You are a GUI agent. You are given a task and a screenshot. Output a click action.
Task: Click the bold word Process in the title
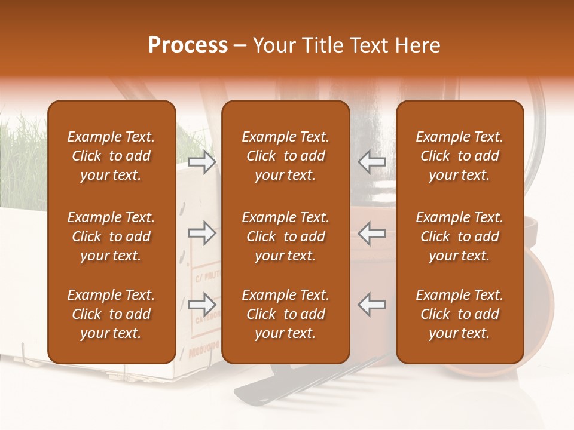(188, 45)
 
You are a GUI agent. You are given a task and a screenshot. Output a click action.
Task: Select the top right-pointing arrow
(201, 161)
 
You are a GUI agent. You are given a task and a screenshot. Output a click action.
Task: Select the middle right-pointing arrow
(201, 232)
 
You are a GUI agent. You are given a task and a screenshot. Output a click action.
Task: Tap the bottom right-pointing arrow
(201, 304)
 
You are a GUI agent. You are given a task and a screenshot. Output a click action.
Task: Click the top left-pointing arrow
(372, 161)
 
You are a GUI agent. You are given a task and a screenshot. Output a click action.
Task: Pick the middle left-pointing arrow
(372, 232)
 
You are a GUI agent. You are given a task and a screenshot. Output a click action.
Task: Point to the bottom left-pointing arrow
(372, 304)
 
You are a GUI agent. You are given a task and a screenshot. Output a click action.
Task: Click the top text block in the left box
(111, 156)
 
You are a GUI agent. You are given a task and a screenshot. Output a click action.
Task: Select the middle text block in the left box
(111, 236)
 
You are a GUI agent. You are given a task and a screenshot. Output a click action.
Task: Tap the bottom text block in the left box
(111, 314)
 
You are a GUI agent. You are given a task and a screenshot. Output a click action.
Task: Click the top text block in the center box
(286, 156)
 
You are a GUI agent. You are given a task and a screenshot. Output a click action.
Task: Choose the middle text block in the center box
(286, 236)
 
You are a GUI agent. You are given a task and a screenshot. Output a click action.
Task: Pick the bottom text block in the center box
(286, 314)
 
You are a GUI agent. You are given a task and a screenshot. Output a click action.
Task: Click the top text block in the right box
(460, 156)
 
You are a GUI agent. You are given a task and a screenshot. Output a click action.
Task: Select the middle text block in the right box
(460, 236)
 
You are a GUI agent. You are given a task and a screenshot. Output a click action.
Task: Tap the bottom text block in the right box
(460, 314)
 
